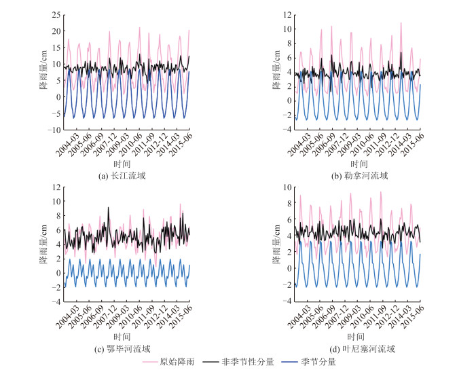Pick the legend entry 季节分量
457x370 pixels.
click(x=318, y=363)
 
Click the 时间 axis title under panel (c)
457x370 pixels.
click(x=123, y=337)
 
